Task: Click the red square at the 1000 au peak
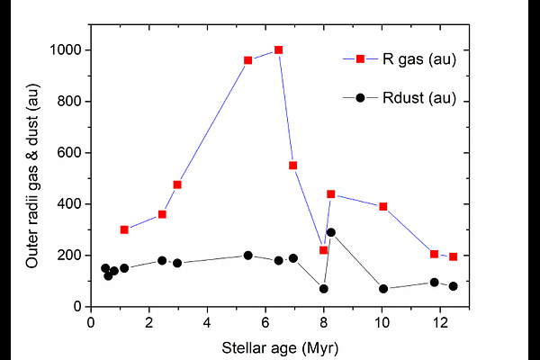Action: pyautogui.click(x=278, y=50)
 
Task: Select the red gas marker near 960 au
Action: pyautogui.click(x=247, y=60)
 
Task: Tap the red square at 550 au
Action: pyautogui.click(x=292, y=166)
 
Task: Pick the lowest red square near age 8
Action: pyautogui.click(x=323, y=250)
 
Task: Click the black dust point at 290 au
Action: pyautogui.click(x=331, y=232)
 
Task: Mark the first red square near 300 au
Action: pyautogui.click(x=124, y=229)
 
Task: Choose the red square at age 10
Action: pyautogui.click(x=383, y=206)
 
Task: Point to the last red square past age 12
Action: pyautogui.click(x=453, y=256)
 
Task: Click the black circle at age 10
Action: pyautogui.click(x=383, y=289)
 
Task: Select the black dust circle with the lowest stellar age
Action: pyautogui.click(x=105, y=268)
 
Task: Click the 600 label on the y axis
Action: pyautogui.click(x=72, y=153)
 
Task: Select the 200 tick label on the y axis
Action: pyautogui.click(x=72, y=256)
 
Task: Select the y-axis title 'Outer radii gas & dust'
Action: pyautogui.click(x=32, y=178)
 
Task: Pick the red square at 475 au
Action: pyautogui.click(x=177, y=184)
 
